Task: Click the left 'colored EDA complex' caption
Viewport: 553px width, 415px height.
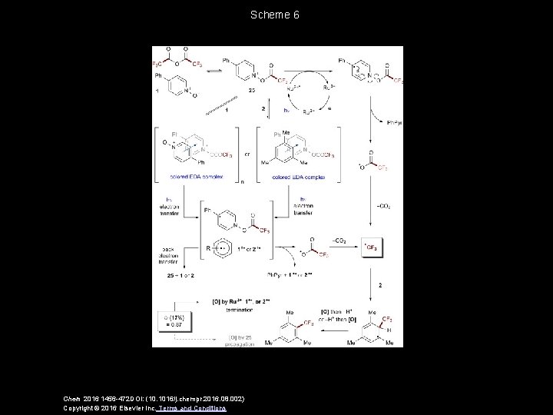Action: click(x=197, y=177)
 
